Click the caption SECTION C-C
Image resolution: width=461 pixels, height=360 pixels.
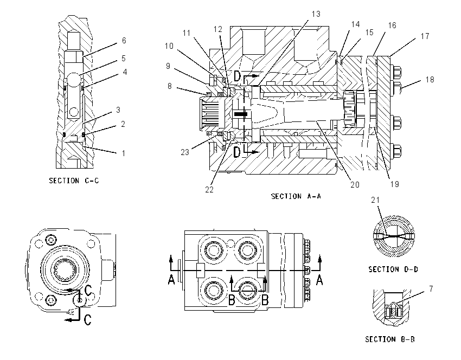point(74,181)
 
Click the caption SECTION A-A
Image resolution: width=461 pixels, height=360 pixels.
point(296,196)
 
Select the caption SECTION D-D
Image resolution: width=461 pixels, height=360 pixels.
point(393,269)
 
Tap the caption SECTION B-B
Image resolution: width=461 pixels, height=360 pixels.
point(390,339)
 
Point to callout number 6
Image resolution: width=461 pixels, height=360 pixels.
point(124,41)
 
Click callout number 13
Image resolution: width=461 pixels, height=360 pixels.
point(316,14)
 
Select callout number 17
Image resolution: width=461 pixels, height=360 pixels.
point(425,36)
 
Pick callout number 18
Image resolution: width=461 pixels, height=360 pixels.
point(430,79)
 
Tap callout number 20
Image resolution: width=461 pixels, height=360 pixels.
point(355,184)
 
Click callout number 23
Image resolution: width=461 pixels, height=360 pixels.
point(184,152)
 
